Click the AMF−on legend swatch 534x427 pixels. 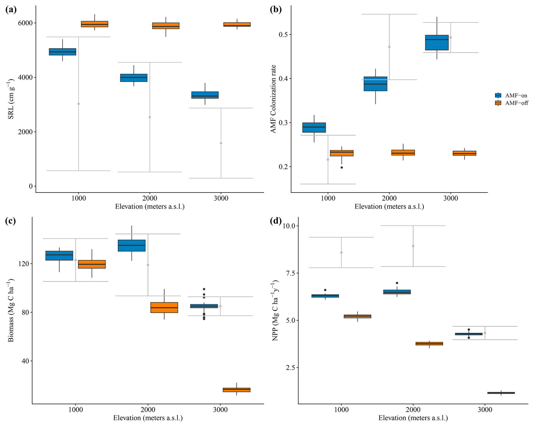tap(498, 95)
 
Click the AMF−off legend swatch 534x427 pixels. tap(498, 103)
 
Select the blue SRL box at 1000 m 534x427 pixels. tap(62, 52)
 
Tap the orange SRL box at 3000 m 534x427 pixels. tap(237, 24)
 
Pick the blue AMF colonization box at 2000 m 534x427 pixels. tap(375, 84)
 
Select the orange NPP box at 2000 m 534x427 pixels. tap(429, 343)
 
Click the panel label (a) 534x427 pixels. tap(11, 10)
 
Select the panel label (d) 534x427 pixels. tap(275, 221)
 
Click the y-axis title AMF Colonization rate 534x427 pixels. tap(273, 99)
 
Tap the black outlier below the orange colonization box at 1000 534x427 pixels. tap(342, 168)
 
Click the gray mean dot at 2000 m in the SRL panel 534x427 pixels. tap(150, 117)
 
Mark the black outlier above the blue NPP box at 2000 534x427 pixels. tap(397, 283)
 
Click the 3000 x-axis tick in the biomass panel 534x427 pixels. tap(220, 410)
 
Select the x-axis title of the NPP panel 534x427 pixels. tap(413, 418)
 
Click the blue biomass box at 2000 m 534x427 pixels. tap(132, 246)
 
